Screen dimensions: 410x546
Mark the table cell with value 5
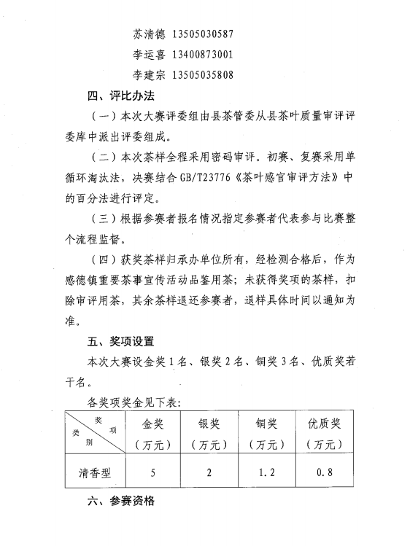pos(153,472)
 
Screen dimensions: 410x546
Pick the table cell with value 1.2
pos(266,472)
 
